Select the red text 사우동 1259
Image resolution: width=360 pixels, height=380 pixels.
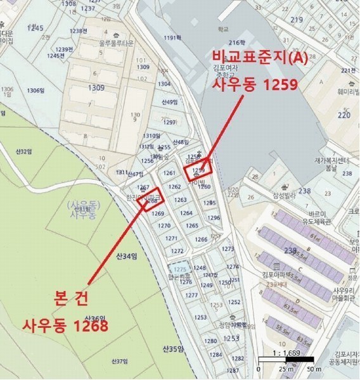tap(255, 84)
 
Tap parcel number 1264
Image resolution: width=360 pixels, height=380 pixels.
tap(186, 213)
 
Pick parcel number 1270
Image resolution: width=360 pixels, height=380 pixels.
tap(164, 225)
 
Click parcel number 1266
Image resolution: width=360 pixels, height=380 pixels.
tap(201, 239)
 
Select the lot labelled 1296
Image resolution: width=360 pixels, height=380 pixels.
tap(214, 218)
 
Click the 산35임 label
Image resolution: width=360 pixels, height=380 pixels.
tap(172, 349)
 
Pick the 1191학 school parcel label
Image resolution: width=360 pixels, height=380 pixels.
tap(172, 38)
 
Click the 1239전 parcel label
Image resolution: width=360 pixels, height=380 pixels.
tap(64, 49)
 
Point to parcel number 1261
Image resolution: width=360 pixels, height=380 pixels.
tap(169, 173)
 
